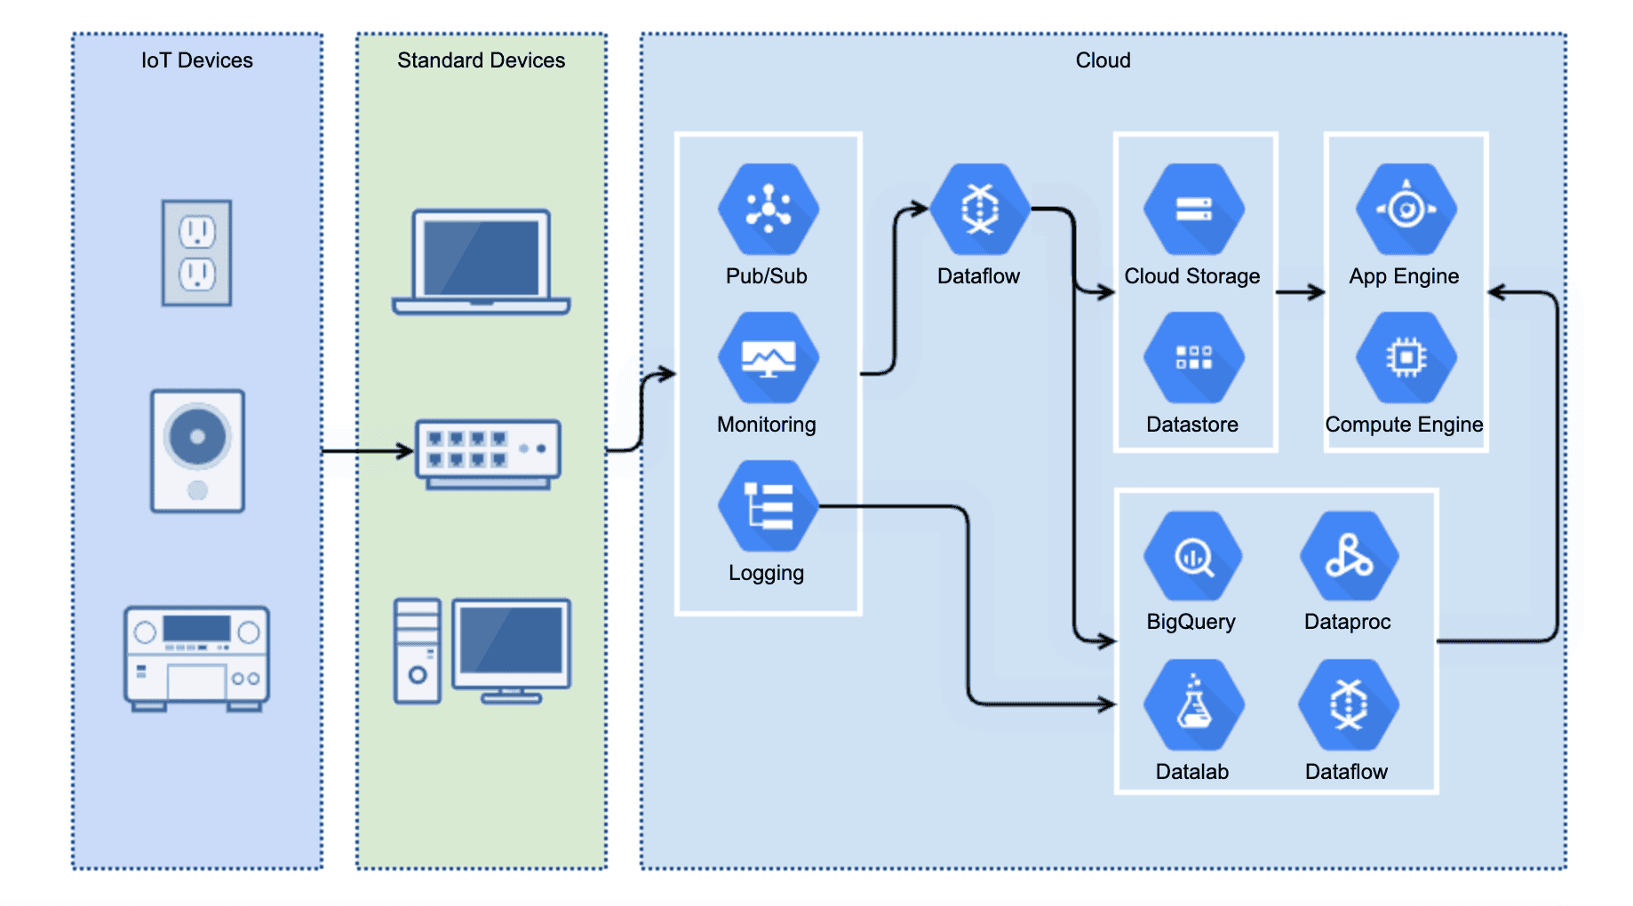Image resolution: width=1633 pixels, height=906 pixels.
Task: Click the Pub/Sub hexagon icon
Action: coord(768,210)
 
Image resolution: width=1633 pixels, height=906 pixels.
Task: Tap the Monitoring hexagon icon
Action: coord(768,358)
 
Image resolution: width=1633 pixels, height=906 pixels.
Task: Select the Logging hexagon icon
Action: coord(768,506)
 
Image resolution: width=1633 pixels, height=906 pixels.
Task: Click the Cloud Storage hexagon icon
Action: coord(1193,210)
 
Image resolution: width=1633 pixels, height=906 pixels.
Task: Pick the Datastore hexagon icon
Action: coord(1193,358)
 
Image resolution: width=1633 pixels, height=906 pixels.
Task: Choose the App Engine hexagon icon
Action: coord(1406,210)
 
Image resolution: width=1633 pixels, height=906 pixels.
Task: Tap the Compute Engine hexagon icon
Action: coord(1406,358)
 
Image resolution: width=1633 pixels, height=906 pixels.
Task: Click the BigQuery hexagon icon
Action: coord(1192,557)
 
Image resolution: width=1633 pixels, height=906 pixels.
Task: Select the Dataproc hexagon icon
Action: coord(1349,557)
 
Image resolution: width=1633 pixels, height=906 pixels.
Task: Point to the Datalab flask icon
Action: coord(1193,705)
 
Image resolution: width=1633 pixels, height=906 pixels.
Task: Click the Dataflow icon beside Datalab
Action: coord(1348,705)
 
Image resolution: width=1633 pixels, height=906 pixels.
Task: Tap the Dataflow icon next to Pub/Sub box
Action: coord(980,210)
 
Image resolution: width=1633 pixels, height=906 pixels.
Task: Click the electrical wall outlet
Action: coord(197,253)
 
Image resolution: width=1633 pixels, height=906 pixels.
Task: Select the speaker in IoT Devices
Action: coord(197,450)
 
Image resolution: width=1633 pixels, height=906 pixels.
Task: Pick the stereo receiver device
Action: coord(196,658)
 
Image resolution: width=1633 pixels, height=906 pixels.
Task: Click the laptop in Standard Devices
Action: coord(481,262)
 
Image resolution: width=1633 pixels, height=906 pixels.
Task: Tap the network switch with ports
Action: coord(488,454)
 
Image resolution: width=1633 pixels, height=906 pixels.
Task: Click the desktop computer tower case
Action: coord(418,651)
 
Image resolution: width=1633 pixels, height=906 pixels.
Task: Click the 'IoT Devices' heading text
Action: coord(196,60)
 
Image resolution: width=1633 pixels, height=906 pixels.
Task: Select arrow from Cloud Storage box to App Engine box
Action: coord(1301,292)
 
